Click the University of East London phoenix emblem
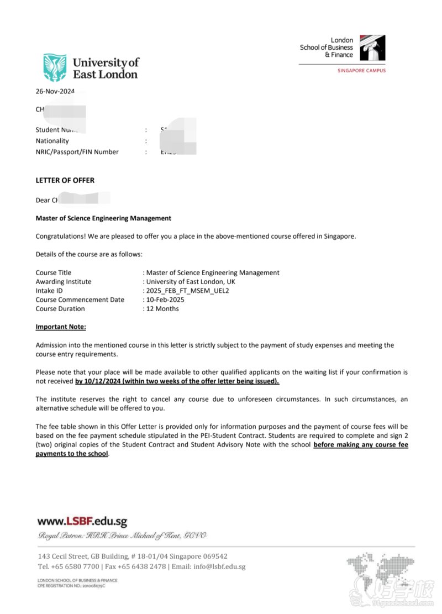[x=55, y=67]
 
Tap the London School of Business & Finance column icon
[x=372, y=48]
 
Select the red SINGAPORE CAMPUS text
[x=361, y=71]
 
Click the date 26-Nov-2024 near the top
[x=55, y=92]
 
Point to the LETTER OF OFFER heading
[x=65, y=180]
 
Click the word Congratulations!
[x=61, y=236]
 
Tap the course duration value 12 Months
[x=162, y=308]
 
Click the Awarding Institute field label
[x=64, y=282]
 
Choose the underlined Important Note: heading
[x=61, y=327]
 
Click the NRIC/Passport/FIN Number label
[x=77, y=152]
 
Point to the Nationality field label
[x=52, y=141]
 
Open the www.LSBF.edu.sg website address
[x=82, y=521]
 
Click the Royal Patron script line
[x=122, y=536]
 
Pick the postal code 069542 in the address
[x=214, y=557]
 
